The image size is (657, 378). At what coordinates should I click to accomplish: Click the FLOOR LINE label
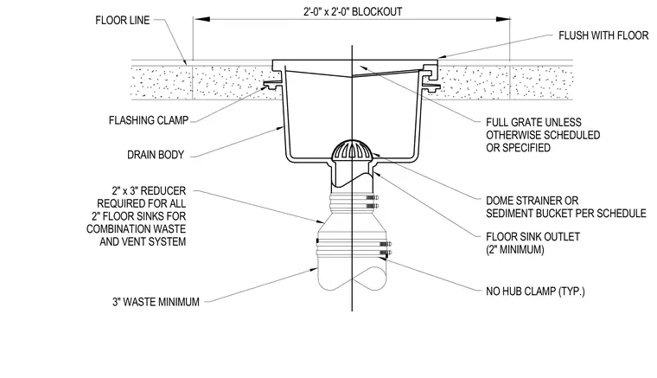coord(123,20)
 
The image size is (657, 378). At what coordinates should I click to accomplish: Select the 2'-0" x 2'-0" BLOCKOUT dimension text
coord(353,11)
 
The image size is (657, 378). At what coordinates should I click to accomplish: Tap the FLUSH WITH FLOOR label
coord(603,35)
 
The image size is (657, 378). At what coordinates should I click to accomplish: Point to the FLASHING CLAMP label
coord(149,120)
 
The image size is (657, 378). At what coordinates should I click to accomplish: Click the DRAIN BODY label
coord(156,155)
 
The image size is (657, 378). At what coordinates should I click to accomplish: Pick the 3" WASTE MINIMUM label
coord(156,302)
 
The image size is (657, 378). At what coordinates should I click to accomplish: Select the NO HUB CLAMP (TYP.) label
coord(535,291)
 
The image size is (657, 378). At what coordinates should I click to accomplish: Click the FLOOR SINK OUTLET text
coord(533,237)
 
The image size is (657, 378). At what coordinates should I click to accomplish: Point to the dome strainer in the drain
coord(352,150)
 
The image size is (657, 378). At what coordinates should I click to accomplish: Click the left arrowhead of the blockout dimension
coord(202,19)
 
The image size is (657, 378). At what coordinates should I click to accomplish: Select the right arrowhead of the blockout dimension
coord(502,19)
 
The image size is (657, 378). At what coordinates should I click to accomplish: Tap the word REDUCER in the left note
coord(163,191)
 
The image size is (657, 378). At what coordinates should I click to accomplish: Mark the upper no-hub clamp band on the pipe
coord(352,201)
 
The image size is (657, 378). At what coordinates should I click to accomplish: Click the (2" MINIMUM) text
coord(515,250)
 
